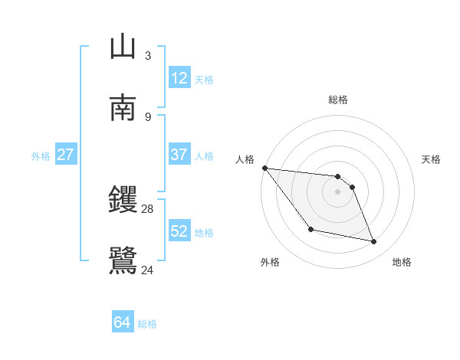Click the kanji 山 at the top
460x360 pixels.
coord(123,47)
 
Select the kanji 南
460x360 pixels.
coord(123,107)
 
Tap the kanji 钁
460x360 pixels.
coord(123,201)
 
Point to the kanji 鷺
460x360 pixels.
coord(123,260)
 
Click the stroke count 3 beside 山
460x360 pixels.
coord(147,56)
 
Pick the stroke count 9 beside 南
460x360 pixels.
coord(147,116)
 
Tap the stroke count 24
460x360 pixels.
coord(148,270)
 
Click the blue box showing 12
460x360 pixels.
coord(179,78)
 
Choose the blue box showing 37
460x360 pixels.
coord(179,155)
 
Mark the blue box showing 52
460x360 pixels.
coord(179,231)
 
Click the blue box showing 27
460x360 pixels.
coord(65,155)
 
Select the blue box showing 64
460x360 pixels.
coord(122,323)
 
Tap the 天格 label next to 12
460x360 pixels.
coord(204,79)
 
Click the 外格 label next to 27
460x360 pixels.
coord(41,155)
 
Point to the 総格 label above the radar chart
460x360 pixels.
coord(338,100)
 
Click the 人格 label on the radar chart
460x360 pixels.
coord(245,159)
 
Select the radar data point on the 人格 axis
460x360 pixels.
coord(264,168)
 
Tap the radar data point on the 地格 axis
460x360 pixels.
coord(374,242)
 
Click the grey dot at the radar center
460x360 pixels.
coord(338,191)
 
